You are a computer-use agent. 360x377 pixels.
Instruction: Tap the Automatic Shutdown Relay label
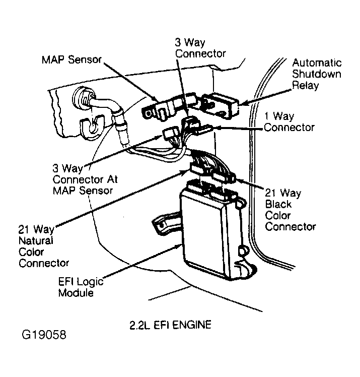coord(317,74)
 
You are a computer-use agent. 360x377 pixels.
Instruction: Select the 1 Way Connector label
coord(289,121)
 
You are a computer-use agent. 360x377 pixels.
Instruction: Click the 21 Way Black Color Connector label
coord(290,209)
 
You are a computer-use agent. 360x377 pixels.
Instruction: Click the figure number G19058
coord(43,334)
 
